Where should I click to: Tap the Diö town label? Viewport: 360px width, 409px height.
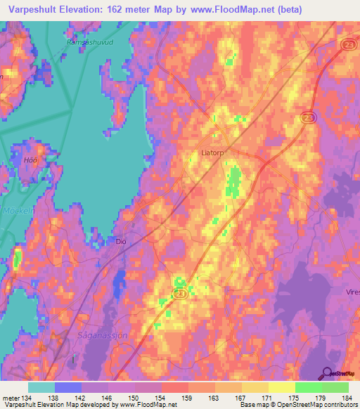point(120,240)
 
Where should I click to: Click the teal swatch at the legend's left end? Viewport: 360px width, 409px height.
point(41,387)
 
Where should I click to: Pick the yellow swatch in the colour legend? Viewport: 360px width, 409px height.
point(282,387)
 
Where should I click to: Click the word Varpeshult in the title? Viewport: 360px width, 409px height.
point(28,10)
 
